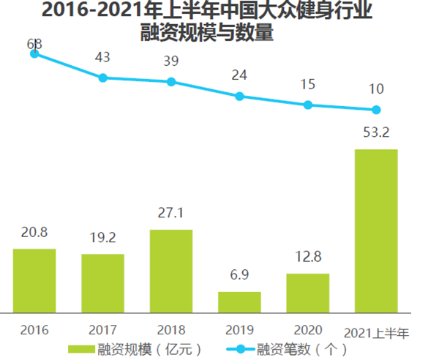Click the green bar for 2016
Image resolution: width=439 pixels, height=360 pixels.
[x=34, y=280]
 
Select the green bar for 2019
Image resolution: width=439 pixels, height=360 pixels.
[x=239, y=301]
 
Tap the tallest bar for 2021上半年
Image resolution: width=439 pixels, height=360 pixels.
[x=376, y=230]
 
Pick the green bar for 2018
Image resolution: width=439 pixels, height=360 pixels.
[x=171, y=271]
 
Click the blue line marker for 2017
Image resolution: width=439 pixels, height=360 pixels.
[x=102, y=78]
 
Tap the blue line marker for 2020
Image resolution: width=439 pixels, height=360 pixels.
[x=308, y=105]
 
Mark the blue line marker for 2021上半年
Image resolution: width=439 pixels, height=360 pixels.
[x=376, y=110]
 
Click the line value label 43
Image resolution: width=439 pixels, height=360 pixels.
[x=102, y=56]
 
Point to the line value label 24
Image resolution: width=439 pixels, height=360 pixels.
[x=239, y=75]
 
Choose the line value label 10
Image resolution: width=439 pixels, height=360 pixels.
[x=376, y=89]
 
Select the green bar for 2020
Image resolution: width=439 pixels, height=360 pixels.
[x=308, y=293]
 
